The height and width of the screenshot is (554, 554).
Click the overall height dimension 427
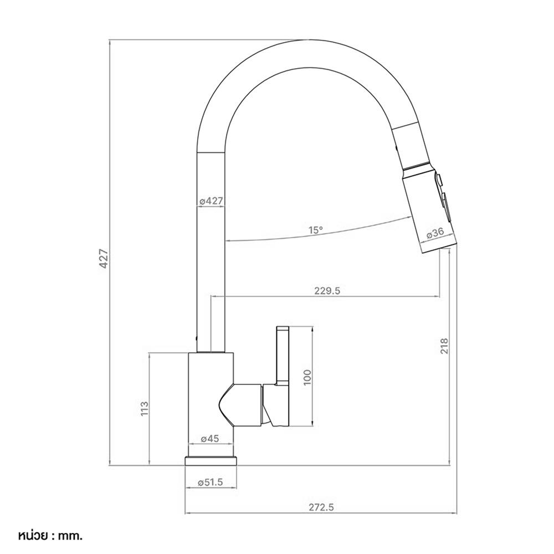point(104,259)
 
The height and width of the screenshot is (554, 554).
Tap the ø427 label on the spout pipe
point(211,201)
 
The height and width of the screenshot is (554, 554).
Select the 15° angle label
point(316,230)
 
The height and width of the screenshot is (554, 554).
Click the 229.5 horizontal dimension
point(327,291)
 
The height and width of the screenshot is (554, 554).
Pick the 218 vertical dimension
point(444,346)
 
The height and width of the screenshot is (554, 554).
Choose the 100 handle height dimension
point(307,377)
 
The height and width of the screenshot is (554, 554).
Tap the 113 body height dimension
point(145,408)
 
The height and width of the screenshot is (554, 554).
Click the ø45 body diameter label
point(210,438)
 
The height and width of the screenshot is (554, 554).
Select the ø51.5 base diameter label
point(211,483)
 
